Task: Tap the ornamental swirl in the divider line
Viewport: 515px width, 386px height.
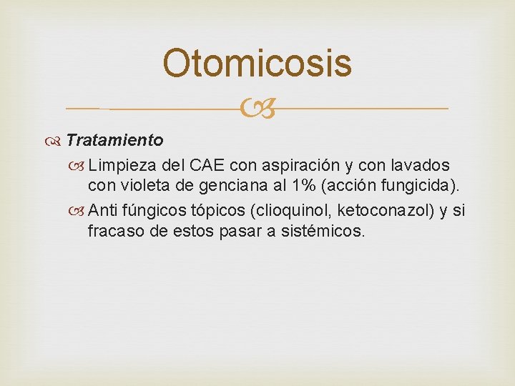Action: coord(257,109)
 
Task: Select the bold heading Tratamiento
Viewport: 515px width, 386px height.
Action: coord(114,140)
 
